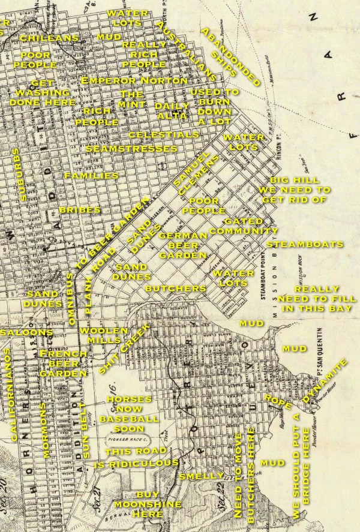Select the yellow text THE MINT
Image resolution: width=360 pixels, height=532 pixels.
point(131,100)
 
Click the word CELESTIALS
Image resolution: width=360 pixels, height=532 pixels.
point(163,135)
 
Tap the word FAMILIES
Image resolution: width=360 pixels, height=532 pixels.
point(91,176)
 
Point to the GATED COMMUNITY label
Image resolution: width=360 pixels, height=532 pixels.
point(244,226)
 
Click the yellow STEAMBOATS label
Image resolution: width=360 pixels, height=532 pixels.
point(305,245)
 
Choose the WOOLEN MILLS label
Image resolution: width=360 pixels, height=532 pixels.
point(104,335)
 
